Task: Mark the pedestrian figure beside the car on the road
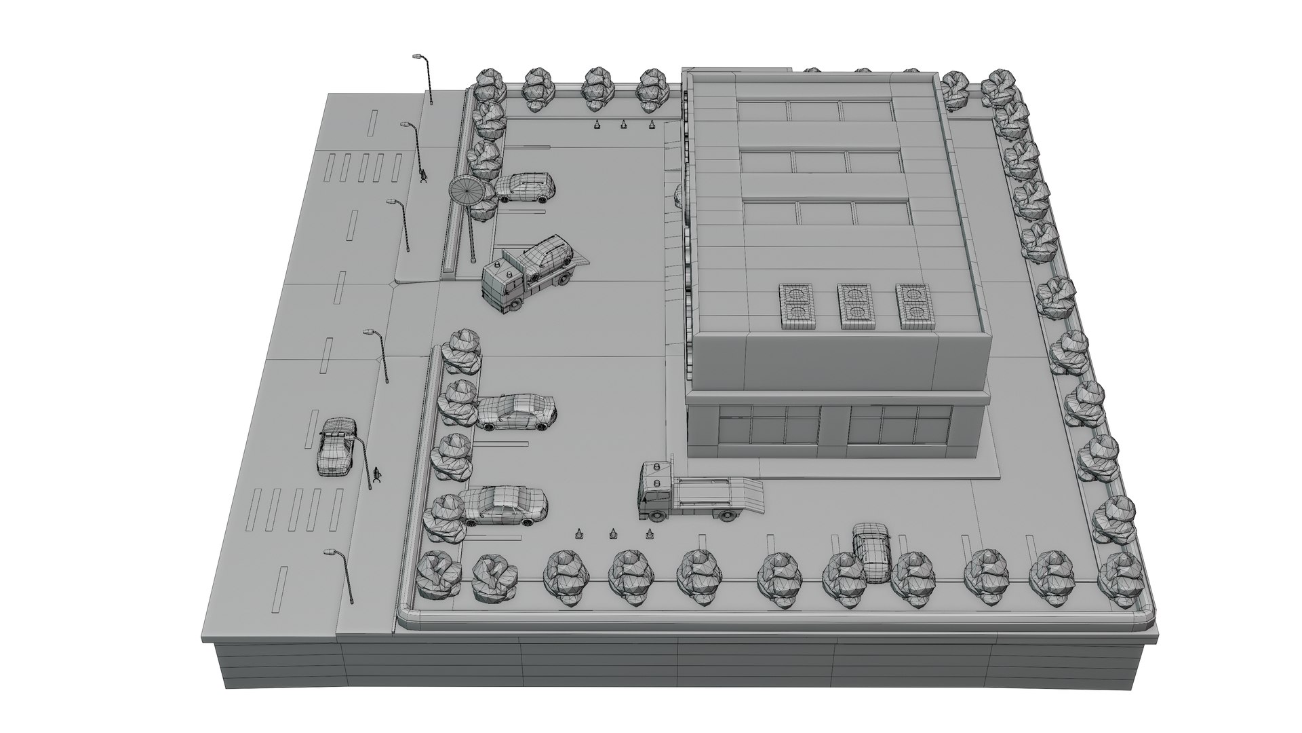tap(378, 474)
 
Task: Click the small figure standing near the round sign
tap(424, 176)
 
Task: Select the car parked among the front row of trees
tap(871, 553)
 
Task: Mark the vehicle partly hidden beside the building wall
tap(678, 196)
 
